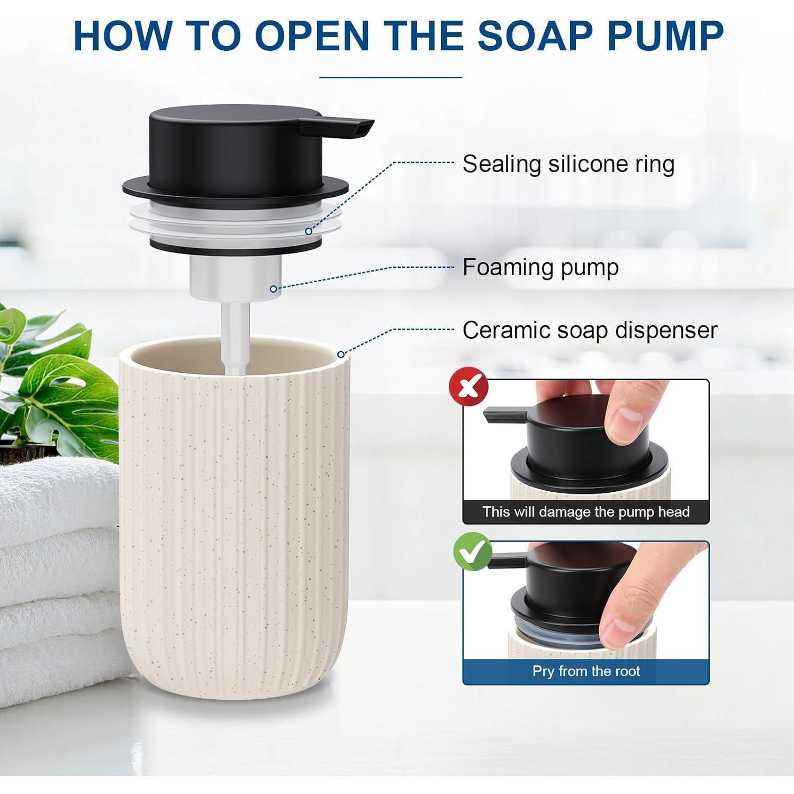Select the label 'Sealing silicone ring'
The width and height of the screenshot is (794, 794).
pos(569,164)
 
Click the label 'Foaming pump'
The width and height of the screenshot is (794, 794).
pos(540,267)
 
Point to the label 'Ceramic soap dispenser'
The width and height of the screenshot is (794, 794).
pos(590,330)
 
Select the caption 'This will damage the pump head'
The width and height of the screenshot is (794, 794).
pos(586,512)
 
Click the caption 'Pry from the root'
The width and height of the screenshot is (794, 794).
pos(586,671)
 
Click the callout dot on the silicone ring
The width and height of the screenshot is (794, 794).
pos(309,231)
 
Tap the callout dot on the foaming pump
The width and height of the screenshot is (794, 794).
pos(273,289)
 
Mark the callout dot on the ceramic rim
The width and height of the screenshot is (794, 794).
pos(340,354)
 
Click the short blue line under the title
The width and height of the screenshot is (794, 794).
pos(391,77)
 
